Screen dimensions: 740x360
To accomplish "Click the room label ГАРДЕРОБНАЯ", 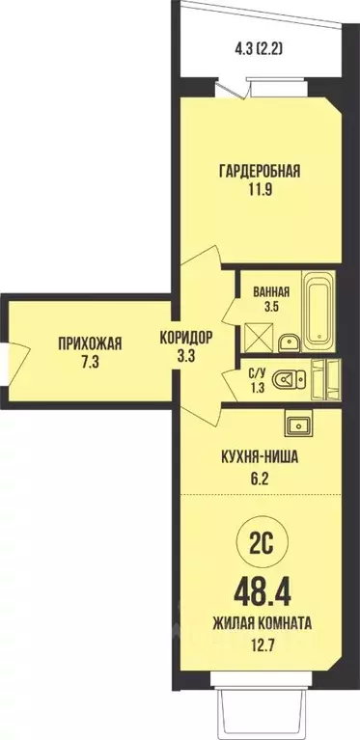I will pos(259,172).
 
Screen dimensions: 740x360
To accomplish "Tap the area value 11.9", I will pos(259,190).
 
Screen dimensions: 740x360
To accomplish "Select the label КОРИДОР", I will pos(186,339).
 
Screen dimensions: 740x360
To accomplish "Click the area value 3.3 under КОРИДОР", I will pos(186,357).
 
